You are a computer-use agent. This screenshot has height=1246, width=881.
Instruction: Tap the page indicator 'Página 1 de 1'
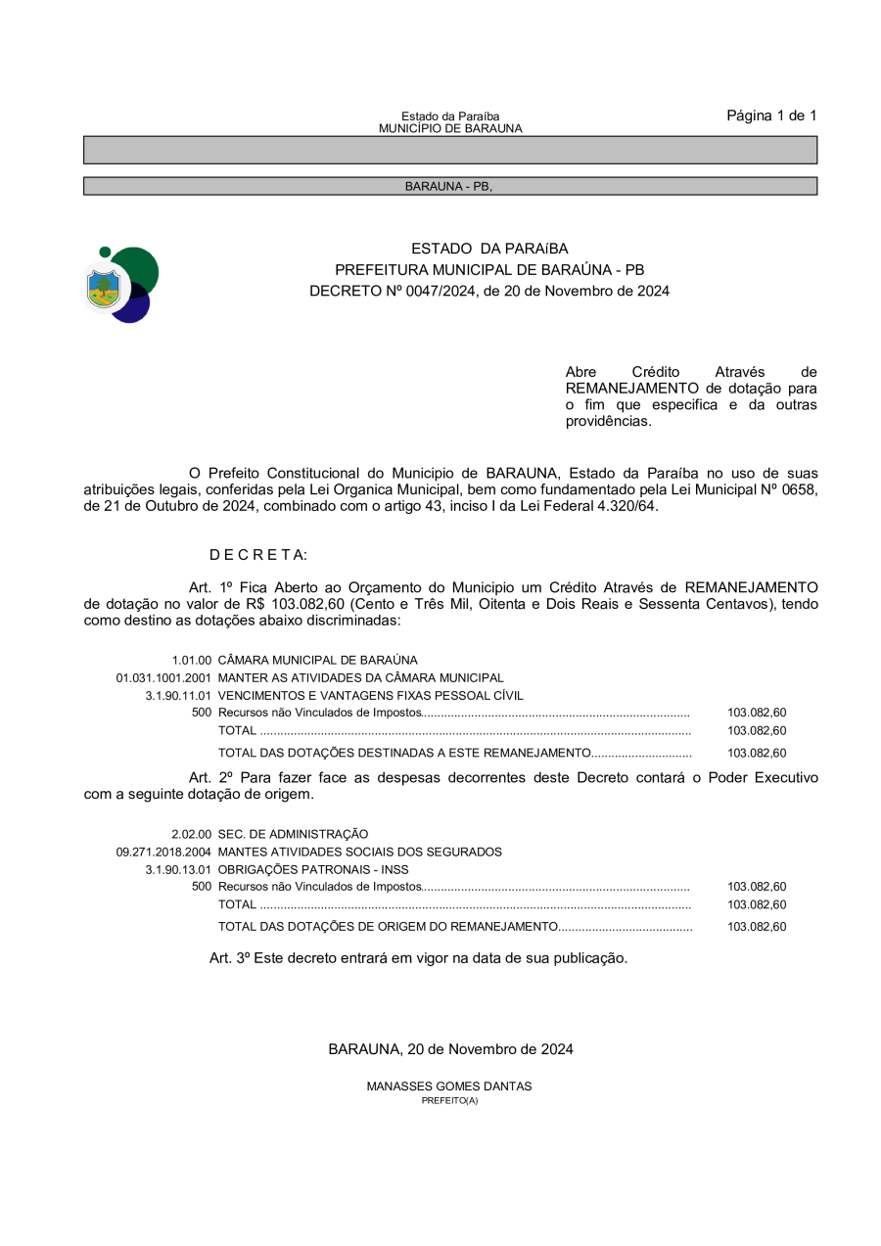click(771, 115)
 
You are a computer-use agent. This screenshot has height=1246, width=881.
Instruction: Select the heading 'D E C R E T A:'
click(258, 555)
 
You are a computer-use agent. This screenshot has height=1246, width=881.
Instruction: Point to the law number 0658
click(800, 488)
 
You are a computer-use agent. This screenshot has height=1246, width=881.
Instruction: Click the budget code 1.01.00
click(192, 661)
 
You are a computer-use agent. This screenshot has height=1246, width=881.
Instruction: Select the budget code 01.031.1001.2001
click(163, 677)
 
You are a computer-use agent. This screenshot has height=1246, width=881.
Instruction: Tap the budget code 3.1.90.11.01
click(178, 695)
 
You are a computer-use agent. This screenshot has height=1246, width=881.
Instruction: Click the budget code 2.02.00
click(192, 834)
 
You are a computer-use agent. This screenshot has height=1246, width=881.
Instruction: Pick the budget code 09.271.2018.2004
click(163, 852)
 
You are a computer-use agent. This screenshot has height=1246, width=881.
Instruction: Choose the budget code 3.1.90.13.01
click(178, 869)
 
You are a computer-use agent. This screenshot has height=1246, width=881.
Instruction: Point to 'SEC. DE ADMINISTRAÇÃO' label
click(293, 834)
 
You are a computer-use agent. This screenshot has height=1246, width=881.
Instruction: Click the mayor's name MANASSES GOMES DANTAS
click(449, 1086)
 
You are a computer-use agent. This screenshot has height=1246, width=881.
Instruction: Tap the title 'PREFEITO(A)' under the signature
click(449, 1100)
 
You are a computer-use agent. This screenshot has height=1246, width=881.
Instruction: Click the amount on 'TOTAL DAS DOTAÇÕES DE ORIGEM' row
click(757, 926)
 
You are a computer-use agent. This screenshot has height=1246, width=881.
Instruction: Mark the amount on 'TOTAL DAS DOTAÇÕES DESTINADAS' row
click(757, 753)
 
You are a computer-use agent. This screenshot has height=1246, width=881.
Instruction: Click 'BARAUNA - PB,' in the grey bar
click(448, 186)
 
